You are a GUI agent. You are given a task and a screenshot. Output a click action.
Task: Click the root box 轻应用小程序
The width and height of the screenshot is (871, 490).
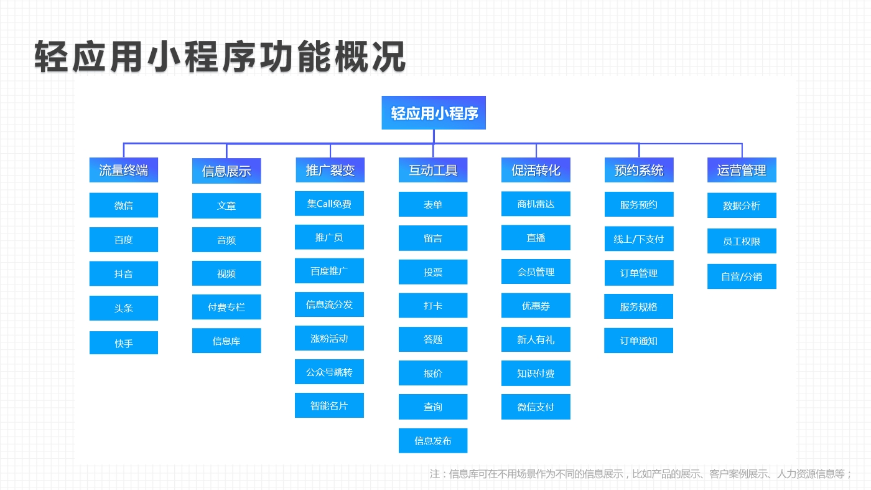434,113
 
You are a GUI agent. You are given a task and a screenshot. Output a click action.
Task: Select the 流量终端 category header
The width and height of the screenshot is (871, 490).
124,170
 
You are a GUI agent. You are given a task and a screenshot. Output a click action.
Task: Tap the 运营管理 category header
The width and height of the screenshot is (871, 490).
742,170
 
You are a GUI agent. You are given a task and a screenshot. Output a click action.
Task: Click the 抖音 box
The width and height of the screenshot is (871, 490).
124,273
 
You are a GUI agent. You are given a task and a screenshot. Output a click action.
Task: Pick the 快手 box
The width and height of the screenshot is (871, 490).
124,343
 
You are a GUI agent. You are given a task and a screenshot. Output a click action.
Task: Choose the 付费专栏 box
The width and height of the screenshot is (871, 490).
226,307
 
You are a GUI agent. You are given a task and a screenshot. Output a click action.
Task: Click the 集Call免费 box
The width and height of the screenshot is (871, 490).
329,204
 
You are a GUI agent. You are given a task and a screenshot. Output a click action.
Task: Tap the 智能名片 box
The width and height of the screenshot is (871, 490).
329,405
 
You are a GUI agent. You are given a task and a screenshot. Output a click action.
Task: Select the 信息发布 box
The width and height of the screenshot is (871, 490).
433,441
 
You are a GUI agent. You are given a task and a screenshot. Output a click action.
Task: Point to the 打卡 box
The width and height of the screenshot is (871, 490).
433,306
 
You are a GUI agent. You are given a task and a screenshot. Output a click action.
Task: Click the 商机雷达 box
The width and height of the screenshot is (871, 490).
536,204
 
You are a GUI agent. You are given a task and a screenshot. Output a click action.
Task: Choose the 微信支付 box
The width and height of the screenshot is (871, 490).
536,407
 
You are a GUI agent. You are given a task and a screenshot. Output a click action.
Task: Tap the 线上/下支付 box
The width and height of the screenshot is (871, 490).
639,238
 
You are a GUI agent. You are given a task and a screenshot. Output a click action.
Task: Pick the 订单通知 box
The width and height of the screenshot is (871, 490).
638,341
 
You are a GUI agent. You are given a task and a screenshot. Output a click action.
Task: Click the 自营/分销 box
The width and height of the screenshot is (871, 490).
742,276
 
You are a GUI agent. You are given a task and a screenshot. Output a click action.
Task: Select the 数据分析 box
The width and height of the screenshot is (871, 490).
742,205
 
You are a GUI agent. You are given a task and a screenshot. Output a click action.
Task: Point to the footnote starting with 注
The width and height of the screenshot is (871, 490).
641,474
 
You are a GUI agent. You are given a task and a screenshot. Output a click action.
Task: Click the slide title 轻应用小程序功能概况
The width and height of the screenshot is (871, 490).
220,57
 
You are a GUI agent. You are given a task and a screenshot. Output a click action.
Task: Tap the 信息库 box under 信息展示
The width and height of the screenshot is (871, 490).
226,341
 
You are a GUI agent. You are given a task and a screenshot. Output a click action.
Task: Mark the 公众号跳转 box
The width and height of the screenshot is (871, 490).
329,372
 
